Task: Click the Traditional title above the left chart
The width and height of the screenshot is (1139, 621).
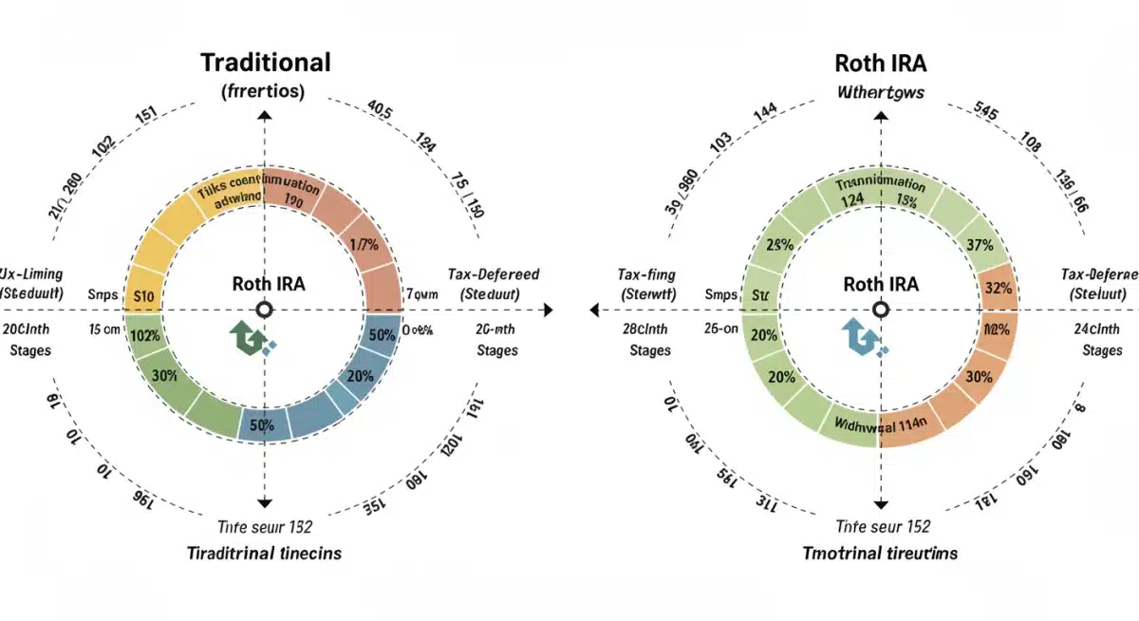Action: pos(265,63)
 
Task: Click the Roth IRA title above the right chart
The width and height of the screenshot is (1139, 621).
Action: pos(881,63)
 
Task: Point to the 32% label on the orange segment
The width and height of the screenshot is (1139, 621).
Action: pos(998,288)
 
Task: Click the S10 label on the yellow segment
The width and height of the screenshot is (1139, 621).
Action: pos(144,295)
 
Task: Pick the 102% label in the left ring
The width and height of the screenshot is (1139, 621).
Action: pos(145,335)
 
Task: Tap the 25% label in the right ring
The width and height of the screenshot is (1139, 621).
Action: pos(779,245)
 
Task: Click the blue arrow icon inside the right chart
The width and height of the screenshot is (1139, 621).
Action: pos(863,339)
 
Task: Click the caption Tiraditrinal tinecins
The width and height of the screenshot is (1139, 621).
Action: pos(265,553)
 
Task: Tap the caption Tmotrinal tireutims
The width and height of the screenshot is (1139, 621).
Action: pos(880,553)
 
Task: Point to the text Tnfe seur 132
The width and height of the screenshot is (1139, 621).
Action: pos(265,527)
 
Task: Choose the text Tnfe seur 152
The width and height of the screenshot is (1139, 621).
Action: pos(882,527)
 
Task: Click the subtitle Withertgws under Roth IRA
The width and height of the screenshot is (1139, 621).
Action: pos(881,93)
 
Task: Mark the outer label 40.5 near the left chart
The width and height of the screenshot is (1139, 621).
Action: pos(379,111)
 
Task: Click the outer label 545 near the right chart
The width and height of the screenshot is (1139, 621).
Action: pos(987,112)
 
